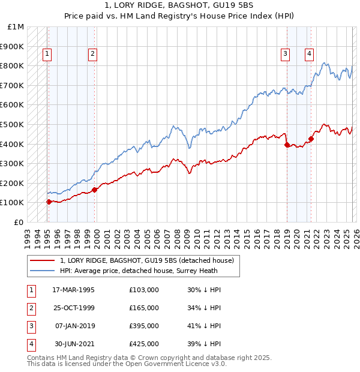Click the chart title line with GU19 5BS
pos(179,5)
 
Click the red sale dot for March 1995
pos(49,202)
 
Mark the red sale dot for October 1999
pos(95,190)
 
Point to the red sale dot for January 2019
pos(287,145)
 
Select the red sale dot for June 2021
pos(311,139)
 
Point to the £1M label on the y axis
pos(16,27)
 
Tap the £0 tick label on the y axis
pos(19,222)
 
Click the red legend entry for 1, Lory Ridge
pos(150,260)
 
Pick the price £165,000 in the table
pos(144,307)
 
